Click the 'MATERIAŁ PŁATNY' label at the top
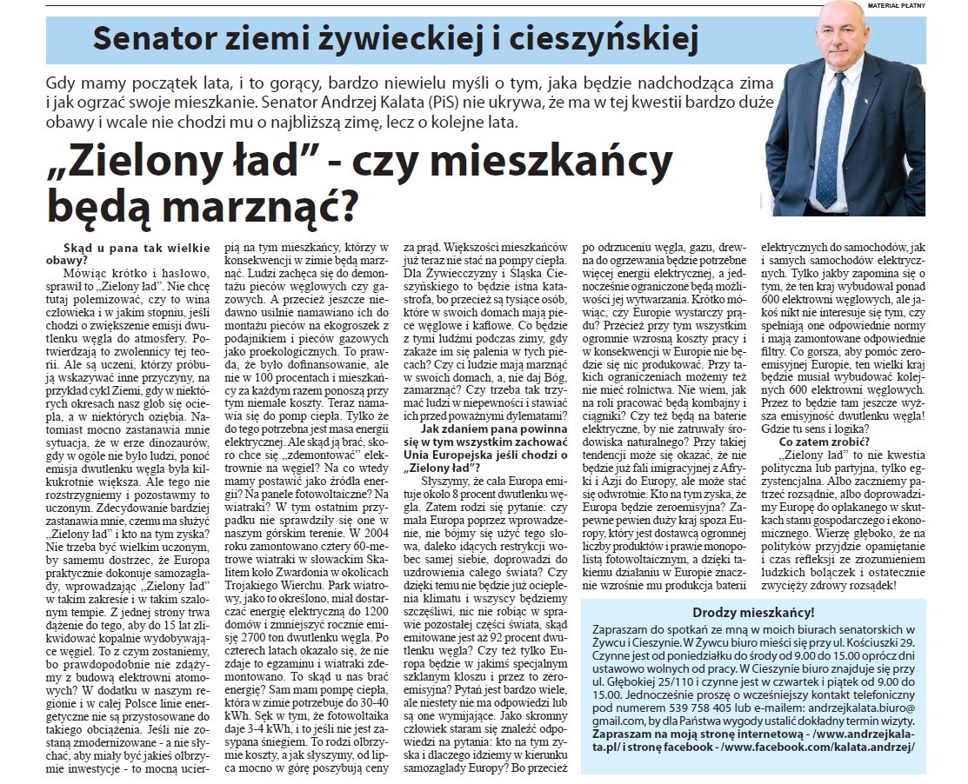[x=931, y=6]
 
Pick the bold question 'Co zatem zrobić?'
[x=818, y=441]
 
